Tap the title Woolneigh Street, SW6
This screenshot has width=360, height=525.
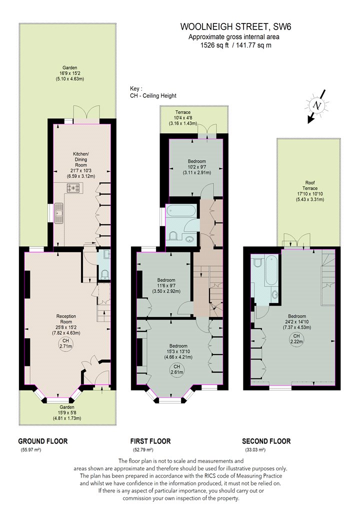(236, 27)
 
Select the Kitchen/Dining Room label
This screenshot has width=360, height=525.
(80, 159)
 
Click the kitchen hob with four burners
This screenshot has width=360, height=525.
(73, 188)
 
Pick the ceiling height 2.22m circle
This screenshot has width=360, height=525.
(296, 339)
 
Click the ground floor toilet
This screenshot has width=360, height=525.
(105, 274)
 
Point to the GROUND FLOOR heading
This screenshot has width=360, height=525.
(43, 441)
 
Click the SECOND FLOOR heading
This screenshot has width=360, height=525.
(266, 441)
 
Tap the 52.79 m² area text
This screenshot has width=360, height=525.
(142, 449)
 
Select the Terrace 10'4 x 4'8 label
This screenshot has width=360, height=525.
(183, 117)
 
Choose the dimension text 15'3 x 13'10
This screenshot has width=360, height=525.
(178, 351)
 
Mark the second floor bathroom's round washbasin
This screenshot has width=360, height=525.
(275, 295)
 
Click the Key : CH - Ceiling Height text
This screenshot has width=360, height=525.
(153, 92)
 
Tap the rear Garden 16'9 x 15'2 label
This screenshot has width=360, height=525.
(69, 73)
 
